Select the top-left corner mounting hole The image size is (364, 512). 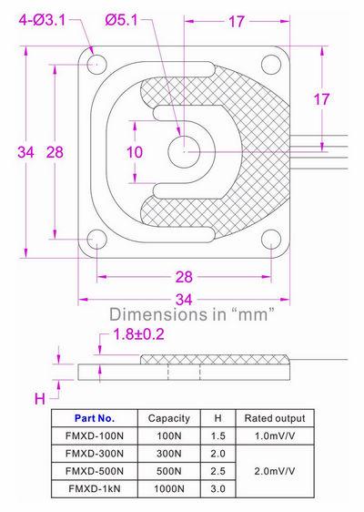pos(96,64)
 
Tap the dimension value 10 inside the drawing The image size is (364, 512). pos(135,152)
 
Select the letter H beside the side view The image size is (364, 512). pos(39,398)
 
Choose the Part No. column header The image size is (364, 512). pos(96,418)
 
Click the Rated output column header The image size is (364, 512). pos(274,418)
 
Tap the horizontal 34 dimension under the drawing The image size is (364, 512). pos(185,298)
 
